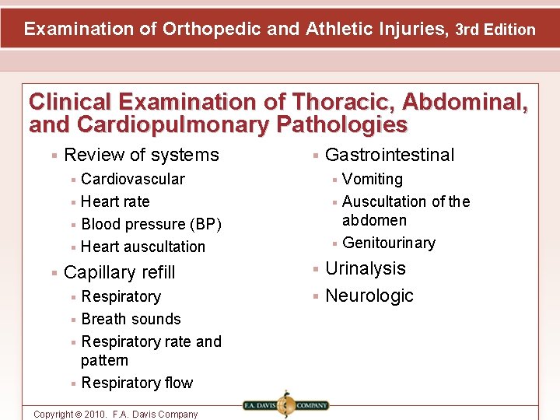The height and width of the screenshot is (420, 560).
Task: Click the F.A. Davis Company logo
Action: tap(285, 404)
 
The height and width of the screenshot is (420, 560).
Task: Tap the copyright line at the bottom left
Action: tap(115, 414)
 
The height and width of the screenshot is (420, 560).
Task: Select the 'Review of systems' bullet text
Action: tap(142, 155)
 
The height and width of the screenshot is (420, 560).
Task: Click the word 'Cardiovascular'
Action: tap(133, 179)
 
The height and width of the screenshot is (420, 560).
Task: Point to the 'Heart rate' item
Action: tap(115, 201)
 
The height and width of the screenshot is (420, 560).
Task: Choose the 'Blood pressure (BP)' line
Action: tap(151, 224)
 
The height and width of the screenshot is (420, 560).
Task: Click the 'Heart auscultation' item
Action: tap(143, 247)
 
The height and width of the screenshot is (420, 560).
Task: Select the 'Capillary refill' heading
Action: tap(120, 272)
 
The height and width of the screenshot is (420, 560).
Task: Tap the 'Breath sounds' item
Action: tap(131, 319)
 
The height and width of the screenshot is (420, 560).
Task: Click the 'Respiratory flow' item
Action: tap(137, 383)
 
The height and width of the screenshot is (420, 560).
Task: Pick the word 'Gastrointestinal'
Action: tap(389, 155)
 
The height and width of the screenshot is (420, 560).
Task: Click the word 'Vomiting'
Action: tap(373, 179)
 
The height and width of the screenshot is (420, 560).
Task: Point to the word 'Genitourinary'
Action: tap(389, 243)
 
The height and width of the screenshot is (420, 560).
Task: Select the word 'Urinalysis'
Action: tap(366, 268)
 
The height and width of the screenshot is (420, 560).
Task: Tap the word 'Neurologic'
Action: tap(369, 296)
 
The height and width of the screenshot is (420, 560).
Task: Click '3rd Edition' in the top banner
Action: tap(495, 30)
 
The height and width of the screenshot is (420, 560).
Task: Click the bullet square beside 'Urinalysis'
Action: tap(316, 269)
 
